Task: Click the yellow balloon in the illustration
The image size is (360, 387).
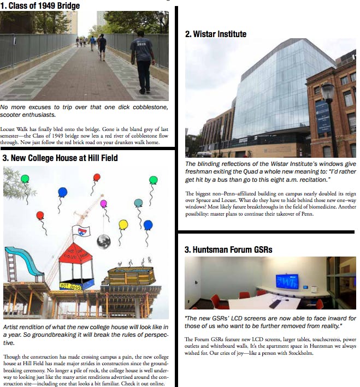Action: point(123,224)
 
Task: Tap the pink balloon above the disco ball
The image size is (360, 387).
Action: point(104,204)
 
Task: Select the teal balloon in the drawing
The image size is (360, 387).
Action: point(138,203)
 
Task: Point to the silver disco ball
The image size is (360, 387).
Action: point(103,241)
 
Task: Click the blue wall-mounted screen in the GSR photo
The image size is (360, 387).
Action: point(287,281)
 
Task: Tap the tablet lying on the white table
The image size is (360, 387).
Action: point(275,303)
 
